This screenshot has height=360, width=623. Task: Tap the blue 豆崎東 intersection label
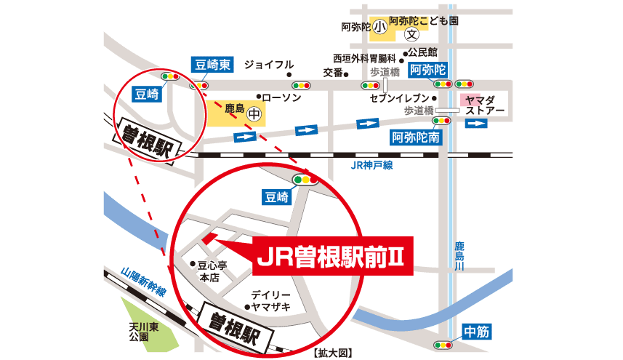click(212, 64)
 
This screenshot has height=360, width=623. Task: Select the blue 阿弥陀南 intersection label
click(415, 136)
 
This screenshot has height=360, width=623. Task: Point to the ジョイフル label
click(269, 64)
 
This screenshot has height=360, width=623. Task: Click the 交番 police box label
click(332, 73)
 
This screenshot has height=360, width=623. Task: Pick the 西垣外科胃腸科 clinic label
click(363, 57)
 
